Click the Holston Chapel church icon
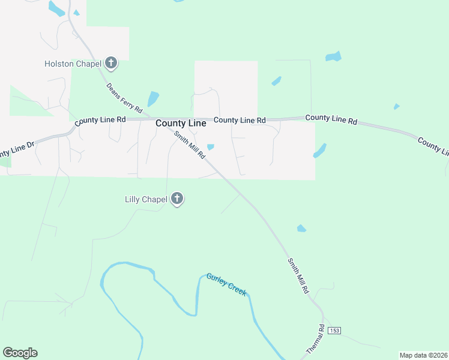(111, 62)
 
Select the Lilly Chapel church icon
(176, 198)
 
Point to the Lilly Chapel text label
(145, 199)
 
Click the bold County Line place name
(181, 123)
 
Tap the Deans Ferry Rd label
(124, 98)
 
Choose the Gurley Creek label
(226, 284)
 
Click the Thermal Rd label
(315, 339)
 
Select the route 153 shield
(334, 331)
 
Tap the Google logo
(20, 353)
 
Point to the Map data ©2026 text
(423, 355)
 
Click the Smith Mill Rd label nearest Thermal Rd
(298, 275)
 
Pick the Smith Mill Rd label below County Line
(190, 145)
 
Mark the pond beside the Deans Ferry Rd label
(153, 98)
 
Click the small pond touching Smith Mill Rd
(210, 147)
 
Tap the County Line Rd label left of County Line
(100, 120)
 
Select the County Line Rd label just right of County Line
(240, 120)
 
